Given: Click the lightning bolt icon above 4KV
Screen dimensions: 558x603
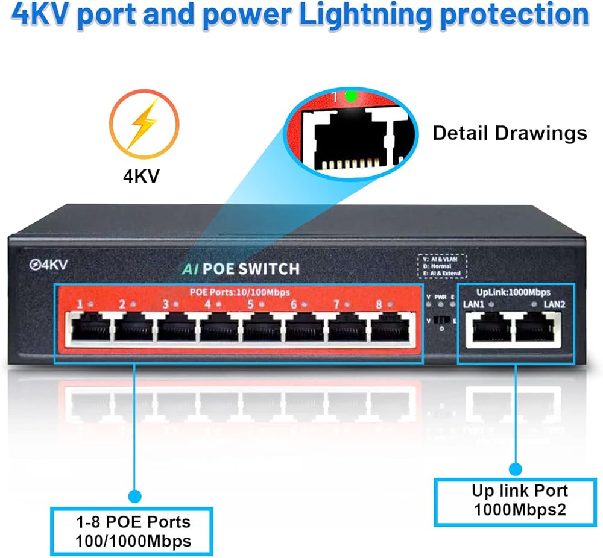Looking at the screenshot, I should coord(144,128).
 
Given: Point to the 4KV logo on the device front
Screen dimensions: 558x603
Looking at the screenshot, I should coord(49,264).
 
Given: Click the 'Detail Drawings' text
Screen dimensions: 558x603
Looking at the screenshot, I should coord(510,133).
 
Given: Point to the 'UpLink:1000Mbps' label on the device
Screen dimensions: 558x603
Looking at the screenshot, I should coord(517,292).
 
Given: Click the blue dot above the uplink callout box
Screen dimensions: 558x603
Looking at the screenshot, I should coord(516,469).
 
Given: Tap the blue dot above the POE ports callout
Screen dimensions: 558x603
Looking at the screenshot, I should coord(134,496).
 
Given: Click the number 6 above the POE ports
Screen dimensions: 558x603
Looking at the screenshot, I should coord(294,304).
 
